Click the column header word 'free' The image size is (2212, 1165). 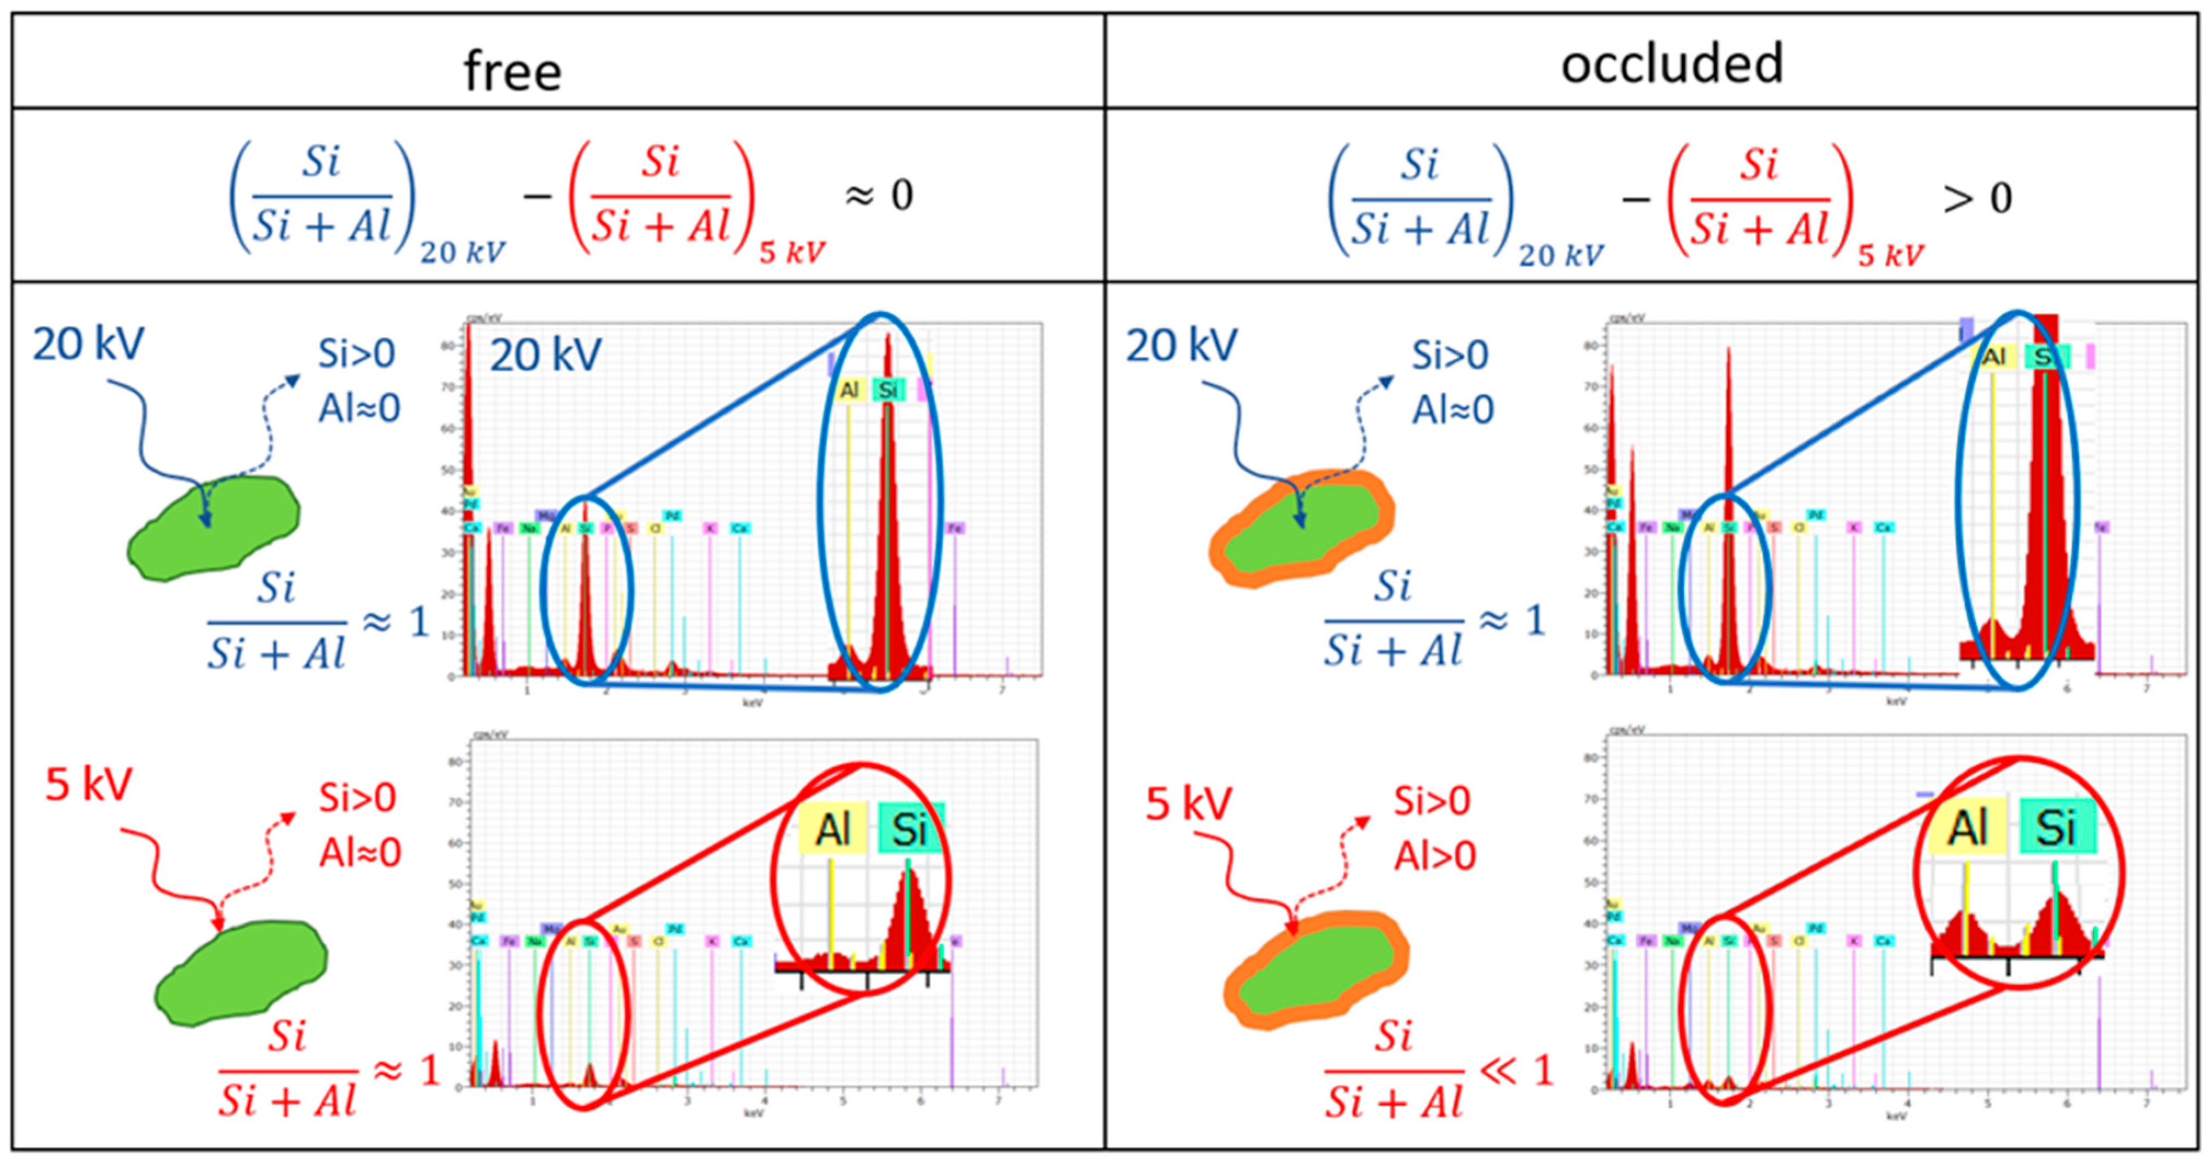coord(512,70)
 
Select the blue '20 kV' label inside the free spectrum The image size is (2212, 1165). coord(545,355)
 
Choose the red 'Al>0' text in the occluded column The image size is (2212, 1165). coord(1434,856)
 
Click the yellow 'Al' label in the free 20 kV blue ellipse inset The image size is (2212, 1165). coord(848,391)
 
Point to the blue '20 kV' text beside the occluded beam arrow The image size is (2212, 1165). coord(1181,346)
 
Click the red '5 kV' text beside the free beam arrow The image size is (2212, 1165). coord(88,784)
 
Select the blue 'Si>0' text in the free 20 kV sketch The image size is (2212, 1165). coord(356,353)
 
